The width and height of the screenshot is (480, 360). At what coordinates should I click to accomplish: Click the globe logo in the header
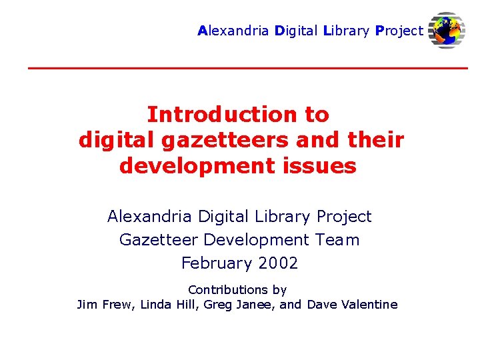pos(447,30)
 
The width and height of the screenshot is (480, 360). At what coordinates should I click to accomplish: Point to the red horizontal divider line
pos(247,68)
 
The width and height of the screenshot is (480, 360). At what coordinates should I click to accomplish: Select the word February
pos(213,263)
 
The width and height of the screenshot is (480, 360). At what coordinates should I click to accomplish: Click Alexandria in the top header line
pos(233,31)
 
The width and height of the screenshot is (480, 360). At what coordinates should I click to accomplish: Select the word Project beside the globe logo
pos(399,31)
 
